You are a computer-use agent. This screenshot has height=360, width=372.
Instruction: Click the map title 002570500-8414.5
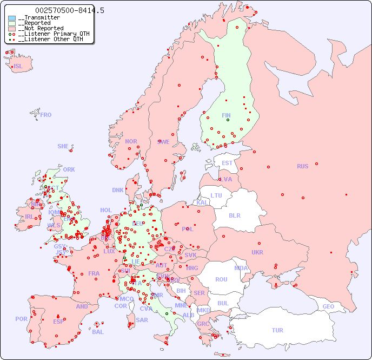tap(69, 10)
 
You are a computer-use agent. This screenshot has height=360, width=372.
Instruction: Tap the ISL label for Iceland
tap(18, 67)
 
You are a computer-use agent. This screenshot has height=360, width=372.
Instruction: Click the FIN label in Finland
tap(226, 115)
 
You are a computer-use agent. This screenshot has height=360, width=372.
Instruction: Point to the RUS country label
tap(302, 166)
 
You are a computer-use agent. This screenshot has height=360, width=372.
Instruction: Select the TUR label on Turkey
tap(277, 330)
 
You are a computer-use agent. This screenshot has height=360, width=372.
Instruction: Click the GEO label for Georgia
tap(328, 306)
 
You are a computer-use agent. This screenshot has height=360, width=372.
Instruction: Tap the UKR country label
tap(257, 252)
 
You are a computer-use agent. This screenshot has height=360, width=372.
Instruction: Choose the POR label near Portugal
tap(21, 319)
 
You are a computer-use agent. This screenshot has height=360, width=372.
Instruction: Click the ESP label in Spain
tap(58, 321)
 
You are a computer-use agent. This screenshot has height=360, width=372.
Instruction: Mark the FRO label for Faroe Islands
tap(46, 115)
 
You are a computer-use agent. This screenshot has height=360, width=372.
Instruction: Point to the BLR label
tap(235, 215)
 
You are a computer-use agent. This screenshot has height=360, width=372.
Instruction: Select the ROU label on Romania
tap(221, 279)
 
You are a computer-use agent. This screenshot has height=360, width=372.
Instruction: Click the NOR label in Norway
tap(131, 141)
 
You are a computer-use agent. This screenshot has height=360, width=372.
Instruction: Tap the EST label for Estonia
tap(227, 163)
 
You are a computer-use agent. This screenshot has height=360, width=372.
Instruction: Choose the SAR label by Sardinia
tap(142, 320)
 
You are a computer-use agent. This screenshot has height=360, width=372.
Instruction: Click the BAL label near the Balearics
tap(97, 332)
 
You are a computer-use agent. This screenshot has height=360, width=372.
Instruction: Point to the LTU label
tap(216, 195)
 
